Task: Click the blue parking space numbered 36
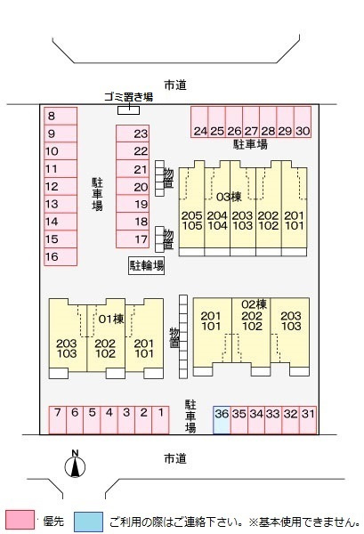(222, 420)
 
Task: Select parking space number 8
(61, 116)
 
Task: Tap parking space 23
(133, 133)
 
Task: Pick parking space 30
(303, 122)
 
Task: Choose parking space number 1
(160, 420)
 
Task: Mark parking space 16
(61, 256)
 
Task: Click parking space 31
(308, 420)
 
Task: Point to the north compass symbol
(76, 465)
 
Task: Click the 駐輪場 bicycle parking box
(147, 265)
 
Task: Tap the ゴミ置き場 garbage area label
(128, 97)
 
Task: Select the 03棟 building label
(229, 197)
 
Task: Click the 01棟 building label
(111, 320)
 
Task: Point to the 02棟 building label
(254, 303)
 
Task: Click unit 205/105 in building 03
(191, 221)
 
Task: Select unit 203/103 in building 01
(68, 348)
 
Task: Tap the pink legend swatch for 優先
(20, 520)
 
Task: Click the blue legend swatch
(88, 522)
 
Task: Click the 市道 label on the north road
(175, 85)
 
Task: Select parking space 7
(58, 420)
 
